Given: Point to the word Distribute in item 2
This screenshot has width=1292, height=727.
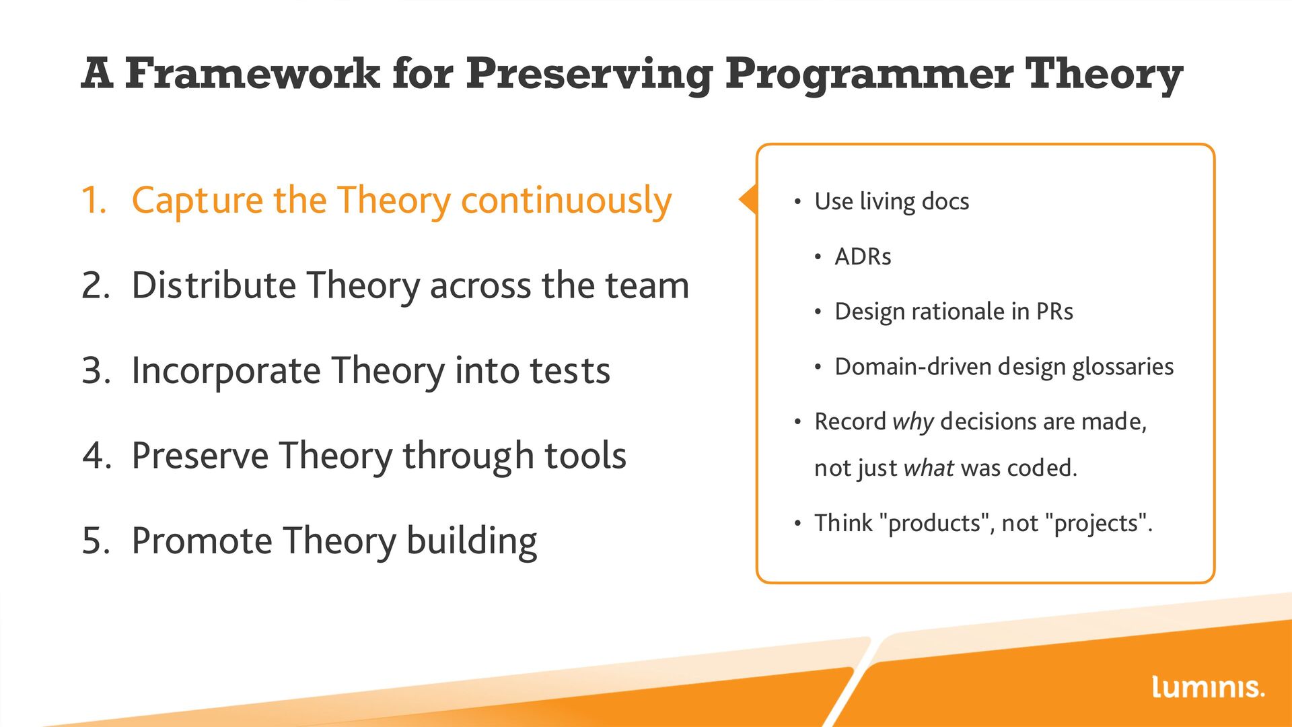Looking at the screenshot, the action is [213, 285].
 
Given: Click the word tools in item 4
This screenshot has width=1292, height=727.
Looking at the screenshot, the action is [585, 456].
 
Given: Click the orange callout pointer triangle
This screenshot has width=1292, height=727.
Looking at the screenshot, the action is [748, 199].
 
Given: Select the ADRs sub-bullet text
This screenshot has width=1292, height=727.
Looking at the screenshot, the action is [863, 256].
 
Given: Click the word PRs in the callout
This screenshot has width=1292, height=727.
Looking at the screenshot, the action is [1054, 312].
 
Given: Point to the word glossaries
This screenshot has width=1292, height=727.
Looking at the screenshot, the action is [1122, 368].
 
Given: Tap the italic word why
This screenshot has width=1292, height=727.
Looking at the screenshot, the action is [913, 423].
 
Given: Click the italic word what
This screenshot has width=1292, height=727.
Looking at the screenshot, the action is [929, 468].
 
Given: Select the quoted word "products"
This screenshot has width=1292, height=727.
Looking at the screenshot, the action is [935, 524].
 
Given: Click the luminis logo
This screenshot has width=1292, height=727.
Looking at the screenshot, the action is [1208, 687].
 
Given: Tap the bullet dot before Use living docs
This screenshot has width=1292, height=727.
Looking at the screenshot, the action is [797, 202].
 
